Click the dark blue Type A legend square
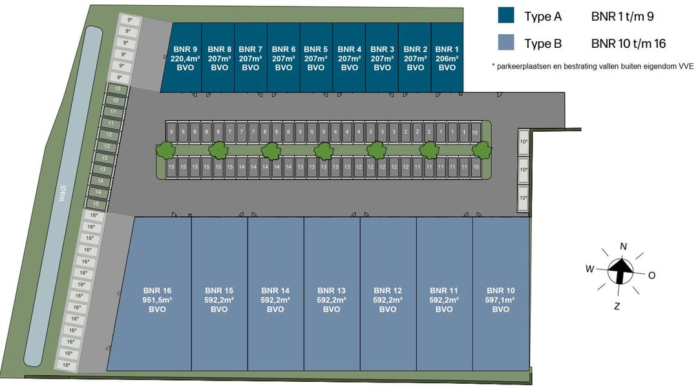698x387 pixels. (506, 17)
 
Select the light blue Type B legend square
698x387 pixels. (506, 43)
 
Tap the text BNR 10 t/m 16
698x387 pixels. (628, 44)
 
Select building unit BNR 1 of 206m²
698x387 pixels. (447, 58)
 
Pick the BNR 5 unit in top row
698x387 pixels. (316, 58)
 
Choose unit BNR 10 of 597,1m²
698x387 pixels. (500, 300)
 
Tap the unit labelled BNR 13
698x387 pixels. (332, 300)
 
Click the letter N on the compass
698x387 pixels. (624, 246)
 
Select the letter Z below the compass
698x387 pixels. (617, 306)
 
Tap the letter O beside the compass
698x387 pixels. (651, 275)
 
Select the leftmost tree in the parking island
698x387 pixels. (165, 151)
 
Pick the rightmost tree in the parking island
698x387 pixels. (480, 151)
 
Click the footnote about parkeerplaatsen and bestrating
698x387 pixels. (592, 67)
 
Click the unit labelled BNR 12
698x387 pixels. (388, 300)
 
